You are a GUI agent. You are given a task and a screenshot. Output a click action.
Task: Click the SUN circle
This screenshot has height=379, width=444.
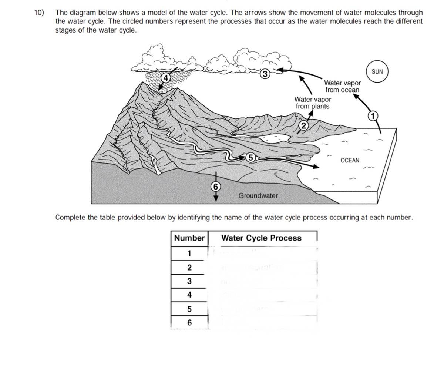click(377, 71)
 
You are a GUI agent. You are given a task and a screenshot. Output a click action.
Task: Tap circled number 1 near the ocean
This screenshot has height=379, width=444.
click(373, 116)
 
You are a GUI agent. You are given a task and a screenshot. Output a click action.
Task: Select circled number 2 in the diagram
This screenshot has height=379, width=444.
click(303, 125)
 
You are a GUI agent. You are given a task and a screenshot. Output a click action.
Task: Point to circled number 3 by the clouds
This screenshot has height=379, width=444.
click(264, 74)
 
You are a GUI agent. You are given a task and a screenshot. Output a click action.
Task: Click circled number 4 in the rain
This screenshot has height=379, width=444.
click(166, 78)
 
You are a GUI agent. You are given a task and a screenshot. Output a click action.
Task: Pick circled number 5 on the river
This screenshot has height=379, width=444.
click(250, 158)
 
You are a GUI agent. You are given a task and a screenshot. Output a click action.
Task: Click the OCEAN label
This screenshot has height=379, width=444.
click(350, 160)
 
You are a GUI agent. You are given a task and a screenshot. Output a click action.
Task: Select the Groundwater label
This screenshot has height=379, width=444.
click(258, 195)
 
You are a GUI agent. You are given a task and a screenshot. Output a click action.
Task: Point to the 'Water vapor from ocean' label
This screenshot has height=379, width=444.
click(342, 86)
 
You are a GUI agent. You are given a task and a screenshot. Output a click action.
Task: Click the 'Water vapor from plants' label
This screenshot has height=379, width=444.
click(313, 103)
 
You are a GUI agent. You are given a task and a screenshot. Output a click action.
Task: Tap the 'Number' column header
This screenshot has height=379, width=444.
click(189, 238)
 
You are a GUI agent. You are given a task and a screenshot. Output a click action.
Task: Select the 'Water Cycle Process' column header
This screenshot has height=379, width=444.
click(261, 238)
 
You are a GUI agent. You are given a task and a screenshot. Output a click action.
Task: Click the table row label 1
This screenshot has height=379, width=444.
click(189, 254)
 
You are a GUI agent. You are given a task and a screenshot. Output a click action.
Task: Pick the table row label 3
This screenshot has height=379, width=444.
click(189, 281)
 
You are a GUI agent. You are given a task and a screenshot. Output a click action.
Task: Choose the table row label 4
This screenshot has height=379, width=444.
click(189, 295)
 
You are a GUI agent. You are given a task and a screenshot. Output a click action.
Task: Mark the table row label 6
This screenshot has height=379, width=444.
click(189, 323)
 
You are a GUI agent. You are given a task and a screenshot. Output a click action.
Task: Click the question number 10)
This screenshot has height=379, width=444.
click(39, 13)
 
